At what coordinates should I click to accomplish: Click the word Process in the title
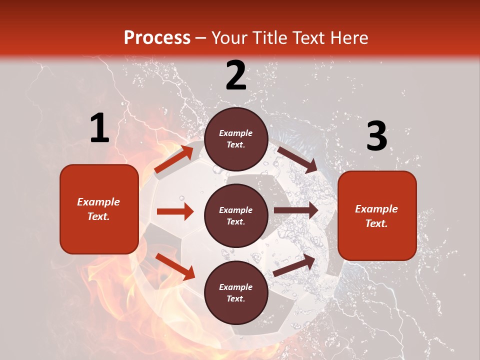click(x=157, y=38)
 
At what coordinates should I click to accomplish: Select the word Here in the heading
click(x=347, y=38)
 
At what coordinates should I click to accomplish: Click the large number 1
click(x=99, y=128)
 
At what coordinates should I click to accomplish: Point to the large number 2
click(x=236, y=75)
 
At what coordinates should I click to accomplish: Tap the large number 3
click(x=376, y=136)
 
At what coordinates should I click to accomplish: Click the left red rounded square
click(x=99, y=209)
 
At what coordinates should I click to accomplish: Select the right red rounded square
click(x=377, y=215)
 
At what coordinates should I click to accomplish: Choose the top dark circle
click(x=236, y=139)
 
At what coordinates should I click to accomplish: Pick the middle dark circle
click(x=236, y=215)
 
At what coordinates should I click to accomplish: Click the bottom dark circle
click(x=236, y=292)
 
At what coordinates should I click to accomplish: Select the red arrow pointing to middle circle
click(x=175, y=211)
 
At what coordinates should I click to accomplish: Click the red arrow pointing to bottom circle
click(x=175, y=266)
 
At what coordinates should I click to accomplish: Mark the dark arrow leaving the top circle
click(x=297, y=159)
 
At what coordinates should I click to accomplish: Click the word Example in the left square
click(x=98, y=202)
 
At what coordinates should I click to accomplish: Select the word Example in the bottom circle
click(x=235, y=287)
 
